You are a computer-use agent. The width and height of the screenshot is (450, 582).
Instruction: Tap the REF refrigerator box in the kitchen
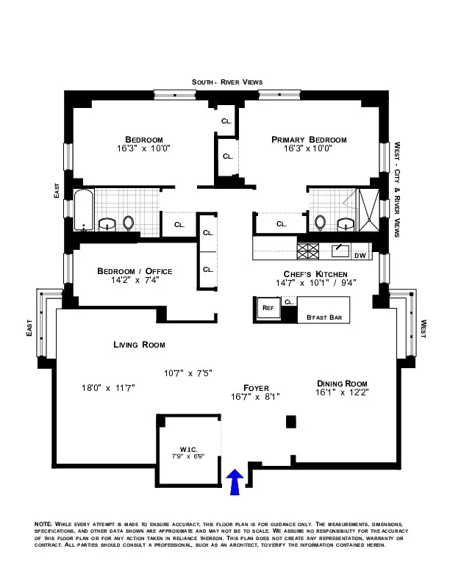267,308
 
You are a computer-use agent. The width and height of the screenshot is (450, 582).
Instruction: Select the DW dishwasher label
360,256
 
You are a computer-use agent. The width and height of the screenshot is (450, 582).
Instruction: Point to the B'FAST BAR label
324,317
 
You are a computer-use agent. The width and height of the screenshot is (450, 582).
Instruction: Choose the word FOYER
256,387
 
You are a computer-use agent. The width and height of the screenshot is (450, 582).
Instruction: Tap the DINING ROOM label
342,384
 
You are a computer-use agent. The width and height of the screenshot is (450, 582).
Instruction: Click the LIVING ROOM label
139,345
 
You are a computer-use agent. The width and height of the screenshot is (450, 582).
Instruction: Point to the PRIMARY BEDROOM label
308,140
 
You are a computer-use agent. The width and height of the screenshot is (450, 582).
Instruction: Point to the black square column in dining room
290,422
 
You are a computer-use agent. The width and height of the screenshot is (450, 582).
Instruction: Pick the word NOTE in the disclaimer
44,523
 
